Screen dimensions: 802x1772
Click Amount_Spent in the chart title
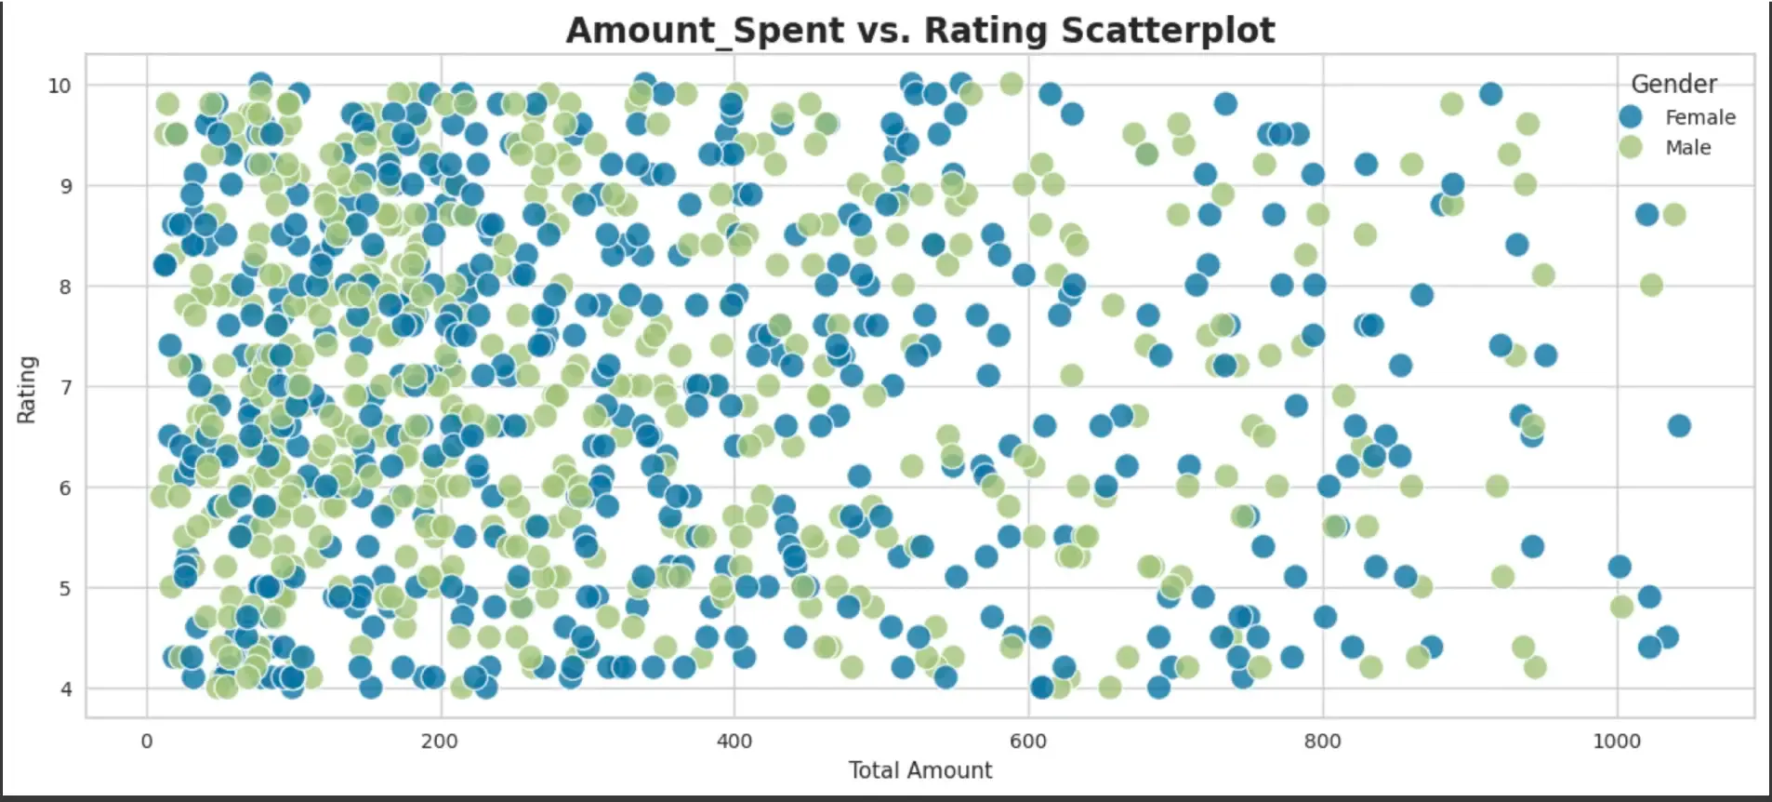point(641,31)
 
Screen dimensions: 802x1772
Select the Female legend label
point(1699,117)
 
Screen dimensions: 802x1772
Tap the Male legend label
point(1687,147)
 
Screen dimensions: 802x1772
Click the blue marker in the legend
point(1630,116)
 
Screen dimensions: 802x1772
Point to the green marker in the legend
point(1630,146)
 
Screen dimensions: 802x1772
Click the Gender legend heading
point(1673,84)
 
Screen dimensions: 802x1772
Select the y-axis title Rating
point(26,389)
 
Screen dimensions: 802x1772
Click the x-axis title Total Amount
point(919,770)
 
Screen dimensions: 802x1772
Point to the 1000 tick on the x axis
point(1617,741)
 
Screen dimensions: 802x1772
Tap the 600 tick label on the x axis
point(1027,741)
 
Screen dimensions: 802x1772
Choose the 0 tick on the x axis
point(147,741)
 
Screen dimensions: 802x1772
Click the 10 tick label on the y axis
point(60,86)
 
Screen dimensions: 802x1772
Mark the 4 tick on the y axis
point(66,689)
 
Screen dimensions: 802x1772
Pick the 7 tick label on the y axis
point(66,387)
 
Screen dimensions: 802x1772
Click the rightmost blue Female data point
point(1678,426)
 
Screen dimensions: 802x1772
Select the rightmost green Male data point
point(1673,215)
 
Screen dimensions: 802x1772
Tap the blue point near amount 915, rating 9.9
point(1490,94)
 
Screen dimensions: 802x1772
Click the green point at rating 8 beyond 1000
point(1651,285)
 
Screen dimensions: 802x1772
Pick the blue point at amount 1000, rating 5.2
point(1619,567)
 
